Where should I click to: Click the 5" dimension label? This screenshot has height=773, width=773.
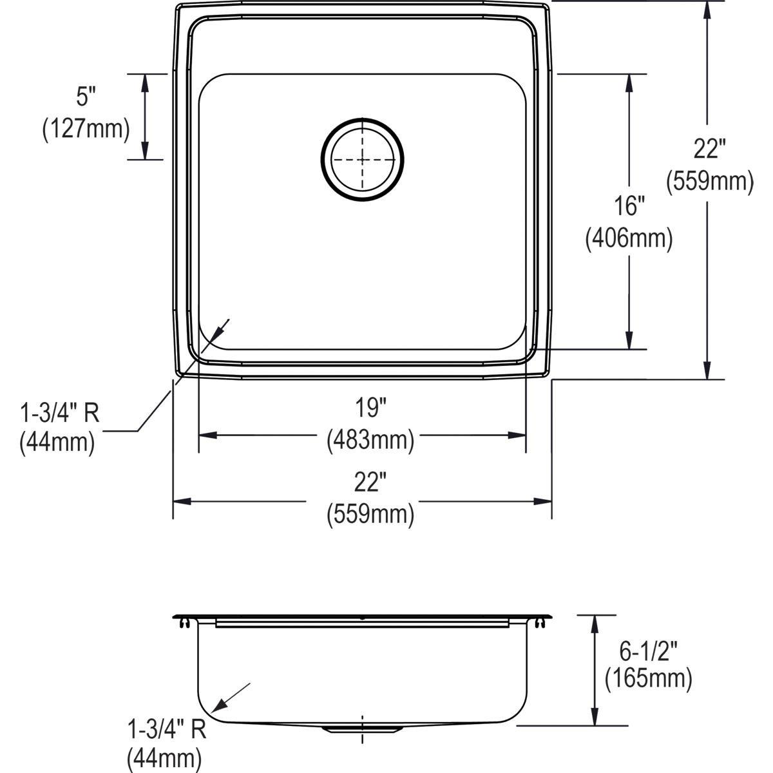tap(86, 97)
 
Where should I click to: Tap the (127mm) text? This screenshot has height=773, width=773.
tap(86, 129)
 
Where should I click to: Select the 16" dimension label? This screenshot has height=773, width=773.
tap(628, 206)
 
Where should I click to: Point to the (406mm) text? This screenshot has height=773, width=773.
tap(628, 239)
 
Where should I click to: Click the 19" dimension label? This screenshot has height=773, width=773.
tap(370, 407)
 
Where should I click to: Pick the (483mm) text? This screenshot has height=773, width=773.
tap(370, 440)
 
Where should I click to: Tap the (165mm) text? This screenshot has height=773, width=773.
tap(648, 678)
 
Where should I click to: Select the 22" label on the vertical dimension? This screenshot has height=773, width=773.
tap(709, 149)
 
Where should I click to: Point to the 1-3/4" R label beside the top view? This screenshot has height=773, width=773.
tap(60, 412)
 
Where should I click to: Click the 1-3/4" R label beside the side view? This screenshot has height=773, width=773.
tap(166, 730)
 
